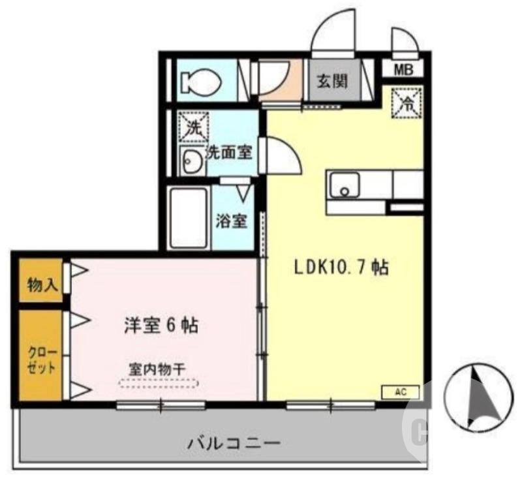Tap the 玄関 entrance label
click(332, 82)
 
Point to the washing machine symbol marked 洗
click(192, 127)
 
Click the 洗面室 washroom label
click(229, 153)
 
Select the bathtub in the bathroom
click(189, 218)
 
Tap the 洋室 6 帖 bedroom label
click(161, 325)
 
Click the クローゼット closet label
click(40, 358)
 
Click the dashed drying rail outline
click(157, 384)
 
